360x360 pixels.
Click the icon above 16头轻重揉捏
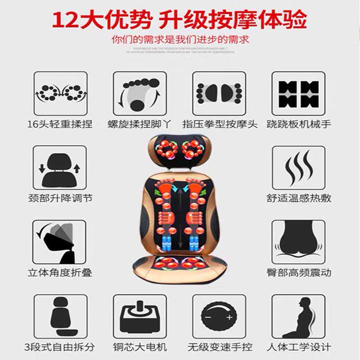60,93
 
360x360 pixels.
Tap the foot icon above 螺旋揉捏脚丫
139,93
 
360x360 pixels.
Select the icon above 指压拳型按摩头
219,93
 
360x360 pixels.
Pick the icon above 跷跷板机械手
298,93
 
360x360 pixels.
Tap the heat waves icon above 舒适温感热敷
298,167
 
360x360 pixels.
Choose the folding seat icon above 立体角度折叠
59,242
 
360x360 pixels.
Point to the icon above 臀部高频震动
298,242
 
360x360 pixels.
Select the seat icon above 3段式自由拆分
60,316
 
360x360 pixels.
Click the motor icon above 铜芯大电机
139,316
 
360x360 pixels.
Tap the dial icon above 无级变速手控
219,316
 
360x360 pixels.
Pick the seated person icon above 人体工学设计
298,316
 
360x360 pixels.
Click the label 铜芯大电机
139,347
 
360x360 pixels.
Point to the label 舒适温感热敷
298,198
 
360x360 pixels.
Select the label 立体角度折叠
60,273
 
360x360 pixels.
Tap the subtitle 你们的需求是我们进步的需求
180,39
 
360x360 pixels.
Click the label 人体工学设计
298,347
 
